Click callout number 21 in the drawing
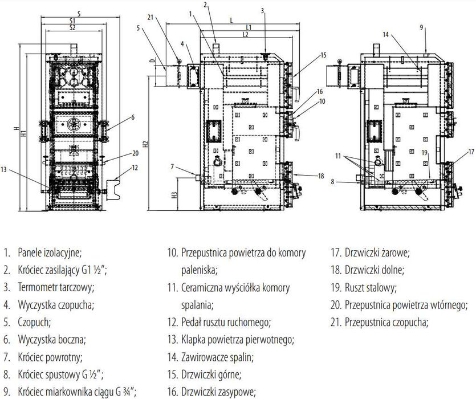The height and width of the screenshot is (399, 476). click(149, 18)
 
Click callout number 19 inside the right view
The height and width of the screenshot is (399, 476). click(425, 153)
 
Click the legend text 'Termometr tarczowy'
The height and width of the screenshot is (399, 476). click(56, 287)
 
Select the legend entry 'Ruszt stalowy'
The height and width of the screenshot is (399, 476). click(371, 287)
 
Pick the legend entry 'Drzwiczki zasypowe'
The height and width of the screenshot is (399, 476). click(217, 392)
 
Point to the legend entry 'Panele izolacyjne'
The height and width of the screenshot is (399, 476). click(50, 252)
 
